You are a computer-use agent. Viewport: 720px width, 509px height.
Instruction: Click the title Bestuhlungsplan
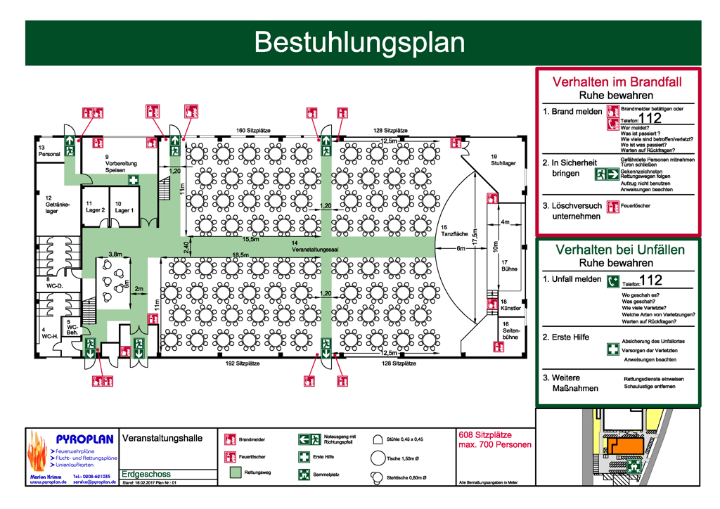[359, 42]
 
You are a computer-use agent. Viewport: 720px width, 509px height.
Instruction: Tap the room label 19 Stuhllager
[503, 160]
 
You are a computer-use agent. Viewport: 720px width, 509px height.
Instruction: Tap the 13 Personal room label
[49, 150]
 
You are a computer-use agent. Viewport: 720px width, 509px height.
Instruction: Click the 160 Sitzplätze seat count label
[254, 131]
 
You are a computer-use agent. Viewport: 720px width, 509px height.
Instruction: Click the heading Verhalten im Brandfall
[617, 82]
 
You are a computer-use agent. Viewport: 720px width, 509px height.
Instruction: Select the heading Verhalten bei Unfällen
[619, 250]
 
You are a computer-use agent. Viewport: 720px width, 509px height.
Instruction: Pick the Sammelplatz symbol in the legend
[304, 475]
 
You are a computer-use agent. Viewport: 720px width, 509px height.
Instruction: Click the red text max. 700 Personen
[494, 445]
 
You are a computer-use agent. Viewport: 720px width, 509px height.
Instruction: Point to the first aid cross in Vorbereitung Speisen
[132, 181]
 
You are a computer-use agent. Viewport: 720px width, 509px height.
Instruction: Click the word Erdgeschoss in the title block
[146, 475]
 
